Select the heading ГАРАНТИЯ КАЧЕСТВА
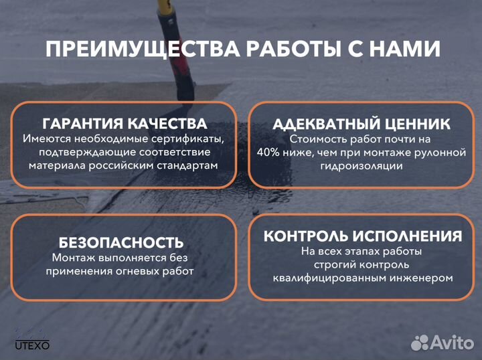click(125, 124)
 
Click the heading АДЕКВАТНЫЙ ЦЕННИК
click(361, 124)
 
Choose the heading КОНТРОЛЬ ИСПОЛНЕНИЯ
click(362, 236)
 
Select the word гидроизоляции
click(361, 166)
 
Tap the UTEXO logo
click(32, 339)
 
